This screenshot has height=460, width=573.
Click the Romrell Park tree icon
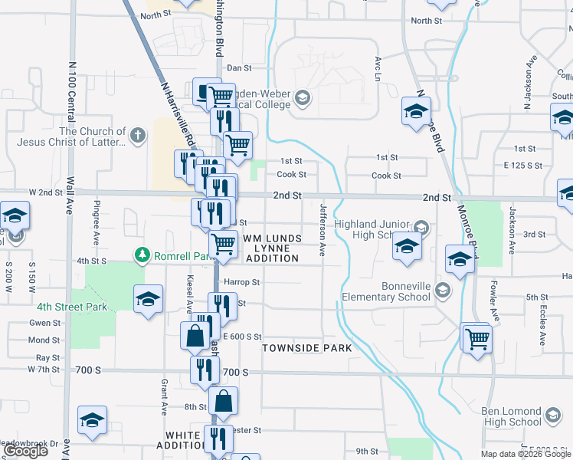coord(140,254)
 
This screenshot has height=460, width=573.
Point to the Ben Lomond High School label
coord(512,416)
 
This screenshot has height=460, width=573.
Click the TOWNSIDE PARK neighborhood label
coord(307,348)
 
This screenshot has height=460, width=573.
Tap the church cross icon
coord(138,136)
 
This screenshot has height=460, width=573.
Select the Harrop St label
coord(242,282)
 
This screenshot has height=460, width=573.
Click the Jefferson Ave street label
coord(323,229)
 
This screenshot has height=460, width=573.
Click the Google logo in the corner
coord(25,451)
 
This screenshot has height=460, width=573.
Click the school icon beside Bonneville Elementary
coord(442,290)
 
